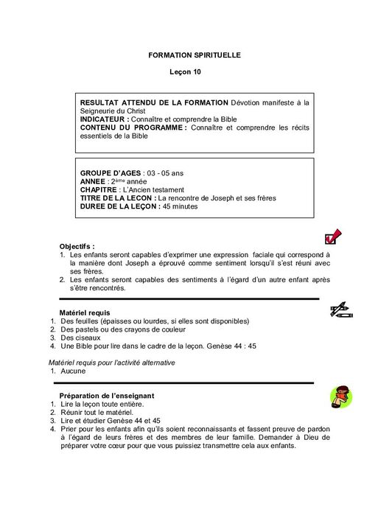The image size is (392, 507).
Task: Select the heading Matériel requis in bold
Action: click(x=85, y=312)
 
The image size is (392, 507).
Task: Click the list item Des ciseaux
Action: click(x=80, y=338)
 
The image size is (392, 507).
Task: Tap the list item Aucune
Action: click(x=73, y=372)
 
